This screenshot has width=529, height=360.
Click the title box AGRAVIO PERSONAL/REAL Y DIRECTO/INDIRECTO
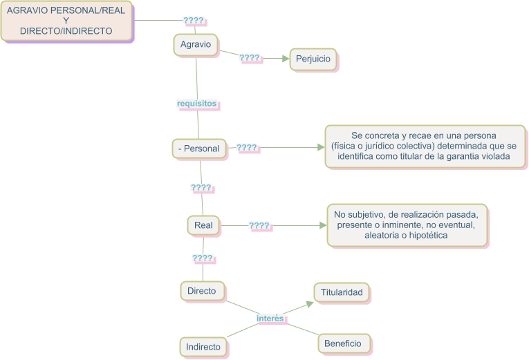coord(66,21)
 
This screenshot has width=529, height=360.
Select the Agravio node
coord(196,44)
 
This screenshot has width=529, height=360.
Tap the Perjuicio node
coord(313,59)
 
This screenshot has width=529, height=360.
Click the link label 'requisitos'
coord(197,104)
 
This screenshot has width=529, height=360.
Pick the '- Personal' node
coord(199,149)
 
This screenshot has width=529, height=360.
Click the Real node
coord(203,225)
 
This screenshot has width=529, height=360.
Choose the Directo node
coord(202,291)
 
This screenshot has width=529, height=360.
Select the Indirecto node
coord(203,347)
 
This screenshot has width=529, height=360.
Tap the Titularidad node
coord(342,292)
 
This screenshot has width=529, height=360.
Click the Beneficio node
coord(344,343)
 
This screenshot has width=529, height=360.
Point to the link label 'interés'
coord(270,319)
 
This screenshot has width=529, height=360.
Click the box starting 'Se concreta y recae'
coord(425,146)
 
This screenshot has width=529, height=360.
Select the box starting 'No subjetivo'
coord(407,225)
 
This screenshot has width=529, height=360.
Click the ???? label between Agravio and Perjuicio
coord(250,58)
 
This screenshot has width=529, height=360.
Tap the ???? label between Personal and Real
coord(201,188)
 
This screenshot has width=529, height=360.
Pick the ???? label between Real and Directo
coord(203,258)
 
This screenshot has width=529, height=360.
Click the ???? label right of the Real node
coord(259,225)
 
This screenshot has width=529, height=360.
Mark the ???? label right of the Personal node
coord(247,148)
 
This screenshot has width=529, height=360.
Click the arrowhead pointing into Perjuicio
coord(286,59)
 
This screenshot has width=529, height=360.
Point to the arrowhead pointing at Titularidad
coord(310,305)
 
